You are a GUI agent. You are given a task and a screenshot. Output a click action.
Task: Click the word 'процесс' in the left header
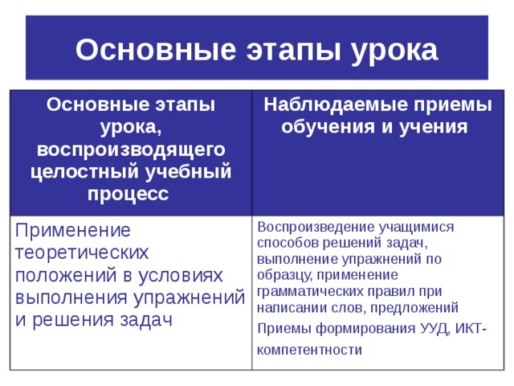point(131,193)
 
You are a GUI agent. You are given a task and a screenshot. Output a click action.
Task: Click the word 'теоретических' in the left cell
point(82,253)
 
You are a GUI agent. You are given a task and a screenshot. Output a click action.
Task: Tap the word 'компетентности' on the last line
point(309,350)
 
